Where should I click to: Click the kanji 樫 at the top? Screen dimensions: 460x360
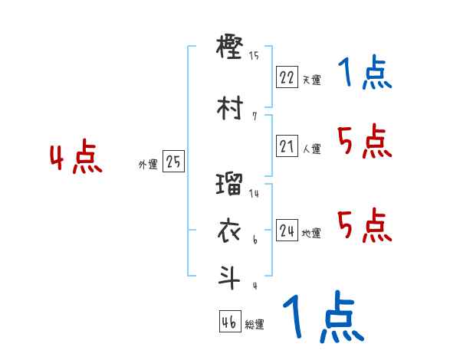[230, 49]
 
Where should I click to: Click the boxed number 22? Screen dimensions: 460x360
[287, 77]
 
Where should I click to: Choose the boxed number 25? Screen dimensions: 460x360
[173, 162]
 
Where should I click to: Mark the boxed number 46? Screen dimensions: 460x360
[229, 322]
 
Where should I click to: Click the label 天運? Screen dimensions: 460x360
[311, 79]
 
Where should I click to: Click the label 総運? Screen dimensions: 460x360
[255, 324]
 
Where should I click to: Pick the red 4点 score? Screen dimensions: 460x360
[75, 159]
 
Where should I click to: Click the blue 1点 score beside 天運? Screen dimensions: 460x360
[364, 74]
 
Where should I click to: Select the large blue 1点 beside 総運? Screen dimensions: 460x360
[322, 317]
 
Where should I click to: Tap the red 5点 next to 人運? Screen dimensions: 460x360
[365, 141]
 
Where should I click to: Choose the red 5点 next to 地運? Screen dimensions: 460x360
[365, 225]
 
